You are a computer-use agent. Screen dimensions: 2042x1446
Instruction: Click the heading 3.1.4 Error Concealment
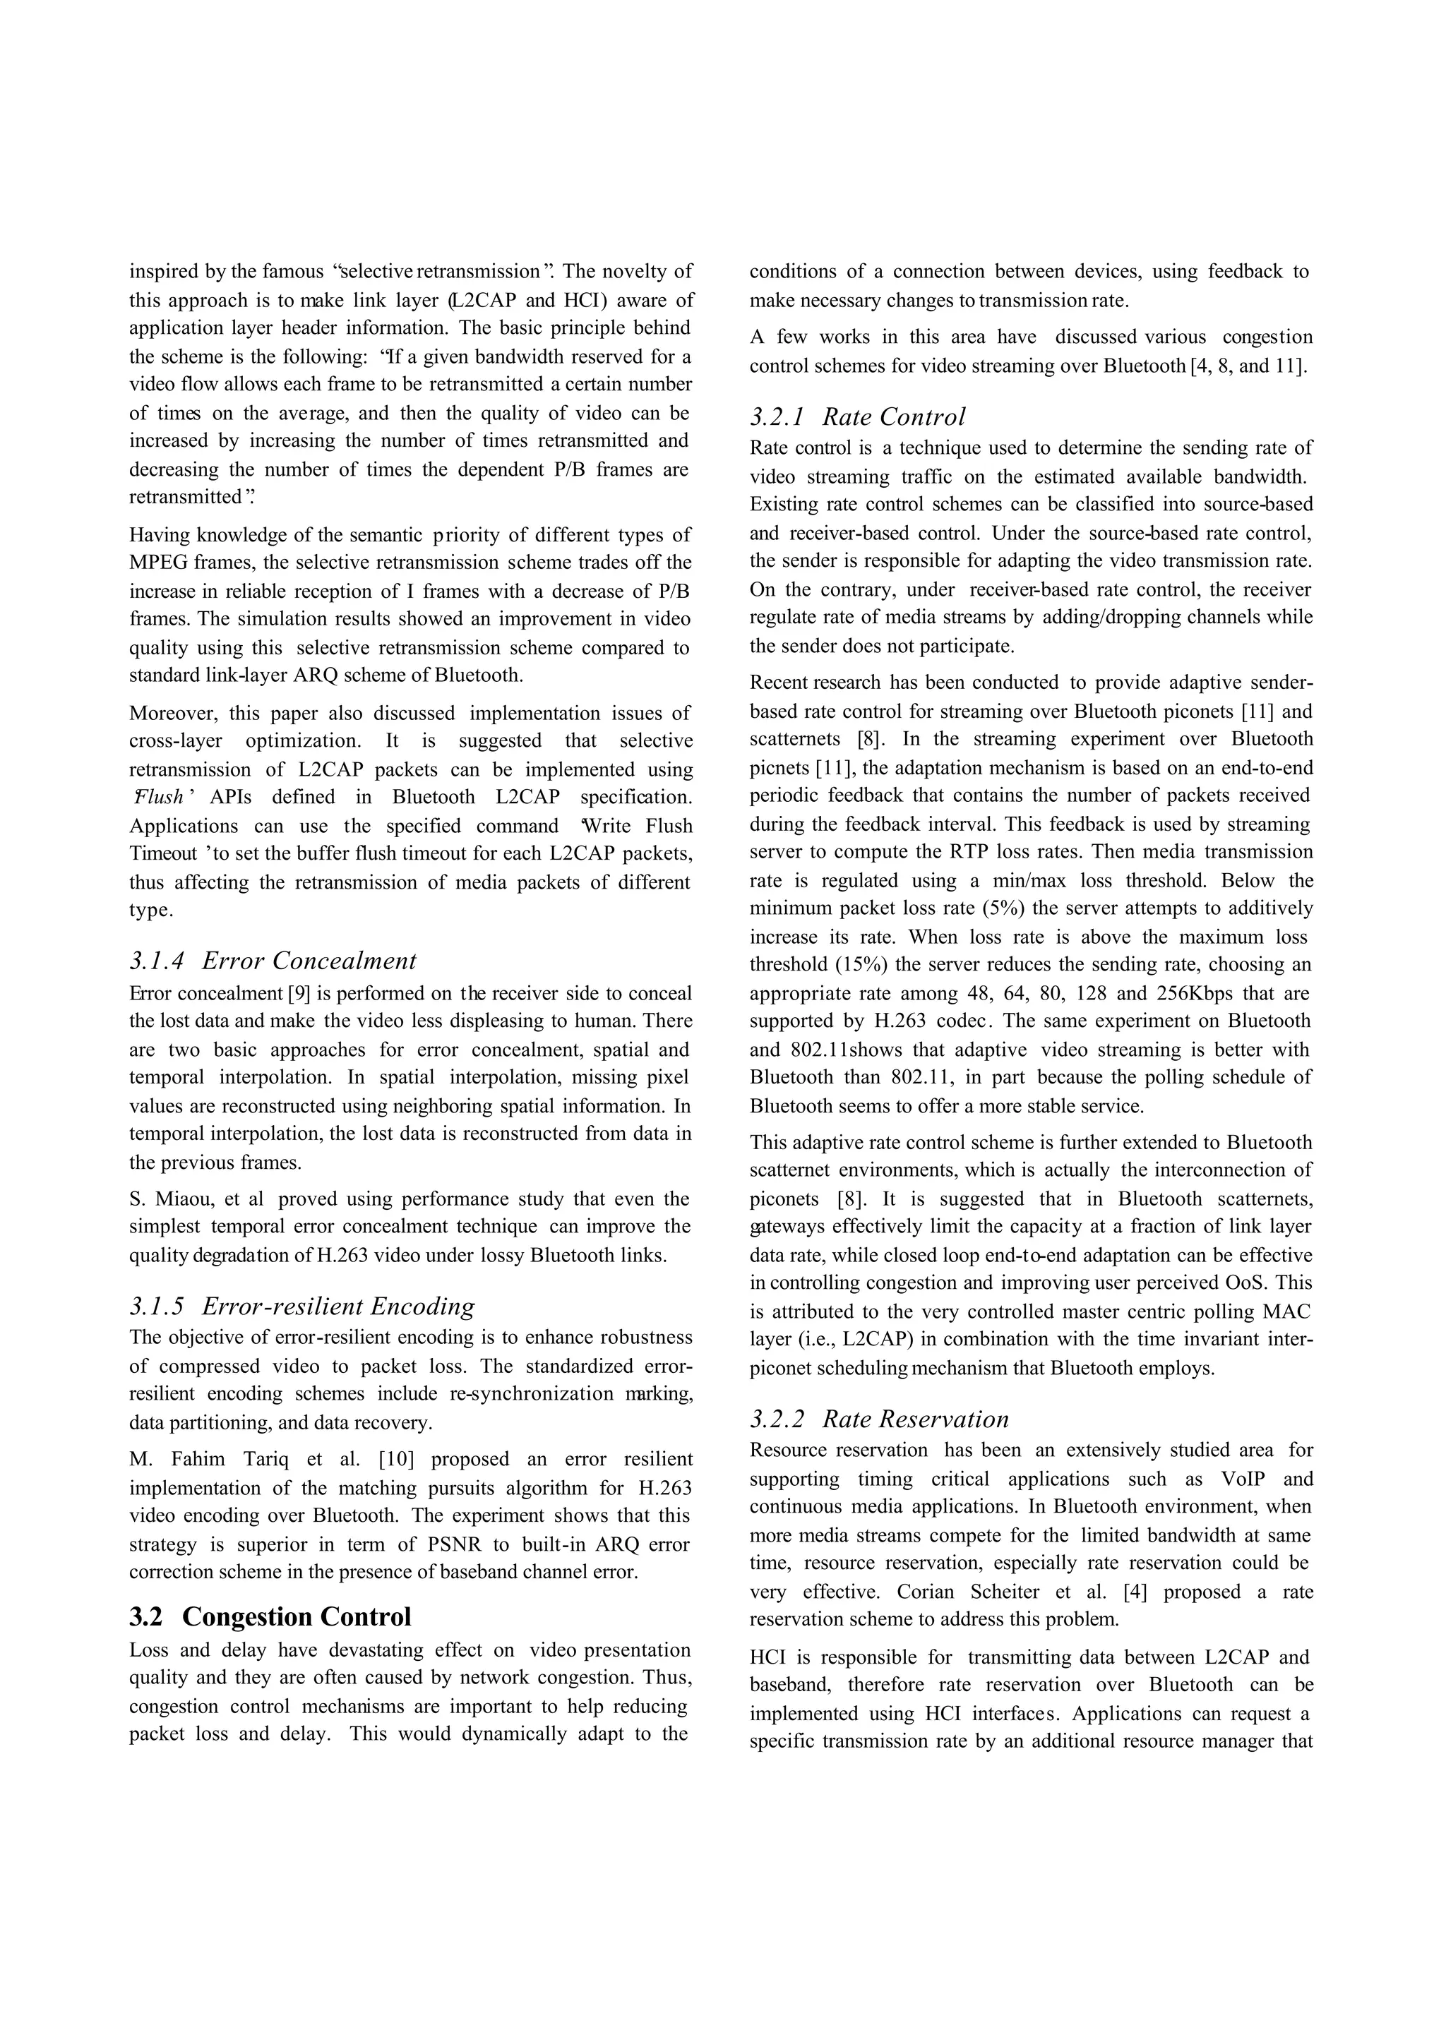click(273, 961)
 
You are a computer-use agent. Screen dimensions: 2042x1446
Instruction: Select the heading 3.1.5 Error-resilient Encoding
click(302, 1306)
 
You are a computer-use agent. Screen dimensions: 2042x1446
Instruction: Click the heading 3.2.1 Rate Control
click(856, 416)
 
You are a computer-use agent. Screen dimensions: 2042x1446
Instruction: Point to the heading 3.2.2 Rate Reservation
click(879, 1419)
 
